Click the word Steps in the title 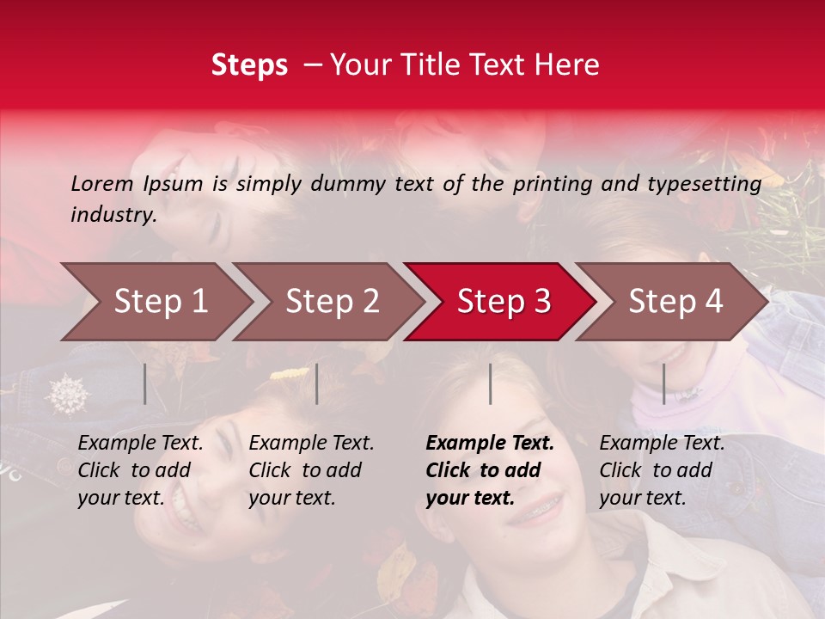pos(249,65)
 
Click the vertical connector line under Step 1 pos(144,383)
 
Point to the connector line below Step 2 pos(317,383)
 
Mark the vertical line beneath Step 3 pos(490,383)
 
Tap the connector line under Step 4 pos(663,383)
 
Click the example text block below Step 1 pos(140,470)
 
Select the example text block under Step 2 pos(311,470)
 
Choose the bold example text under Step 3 pos(490,470)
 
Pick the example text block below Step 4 pos(662,470)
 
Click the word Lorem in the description pos(101,183)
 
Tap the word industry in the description pos(113,215)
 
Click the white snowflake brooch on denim pos(67,394)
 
